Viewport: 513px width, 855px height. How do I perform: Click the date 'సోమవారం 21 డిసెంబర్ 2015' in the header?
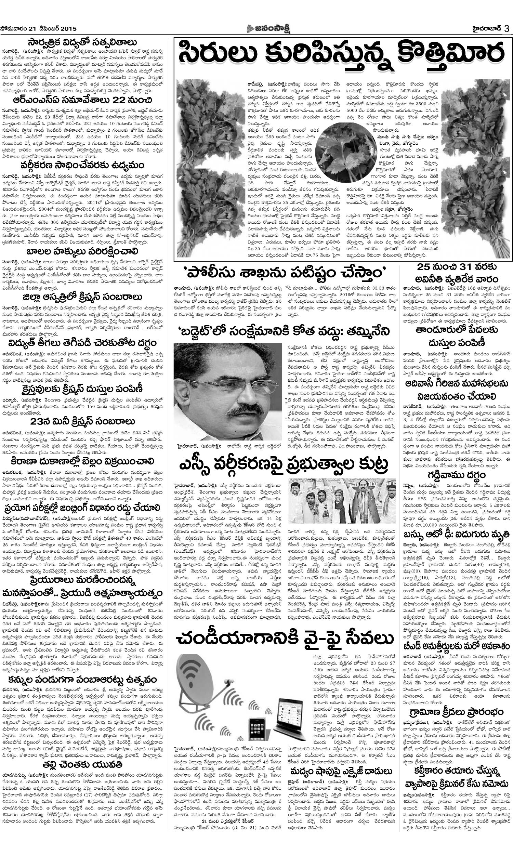coord(38,29)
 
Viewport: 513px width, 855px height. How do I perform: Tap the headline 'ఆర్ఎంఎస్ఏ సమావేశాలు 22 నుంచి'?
coord(82,101)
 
